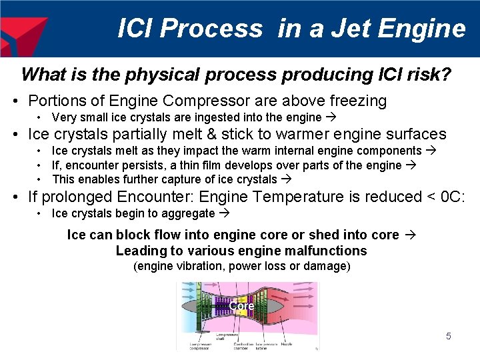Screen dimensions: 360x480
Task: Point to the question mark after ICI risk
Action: [x=446, y=74]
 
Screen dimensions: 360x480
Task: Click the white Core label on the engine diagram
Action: [x=241, y=305]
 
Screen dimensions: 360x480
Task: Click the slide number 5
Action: [x=448, y=336]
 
